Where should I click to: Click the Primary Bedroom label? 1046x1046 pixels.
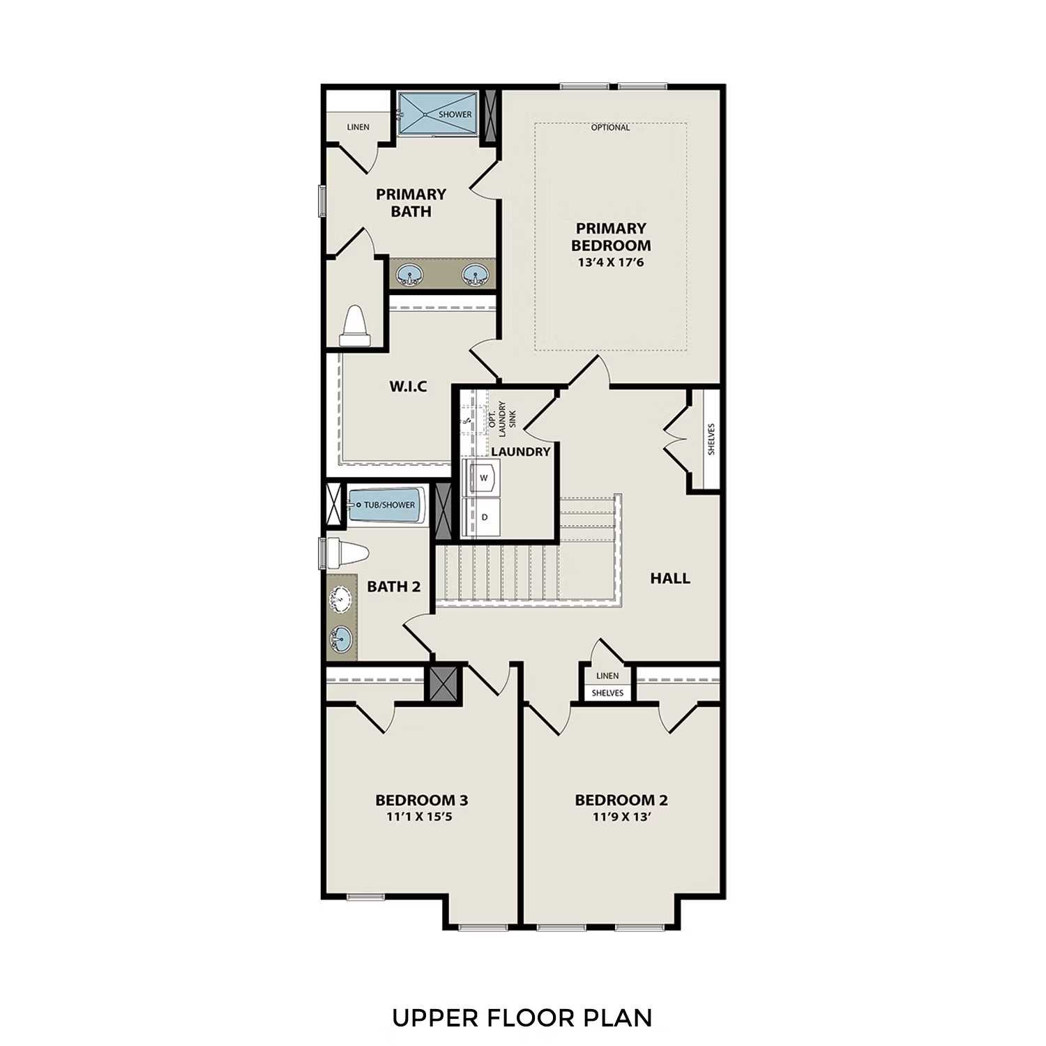click(610, 237)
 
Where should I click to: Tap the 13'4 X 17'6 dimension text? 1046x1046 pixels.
click(610, 263)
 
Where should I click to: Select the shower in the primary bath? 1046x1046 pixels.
click(437, 113)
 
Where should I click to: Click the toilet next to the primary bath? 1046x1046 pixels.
click(355, 326)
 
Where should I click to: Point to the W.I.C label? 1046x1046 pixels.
click(408, 386)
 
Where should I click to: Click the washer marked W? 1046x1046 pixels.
click(483, 478)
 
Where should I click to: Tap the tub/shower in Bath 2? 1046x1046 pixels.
click(386, 505)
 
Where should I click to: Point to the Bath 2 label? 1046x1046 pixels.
click(394, 586)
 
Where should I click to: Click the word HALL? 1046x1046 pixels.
click(669, 578)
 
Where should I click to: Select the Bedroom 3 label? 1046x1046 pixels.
click(421, 800)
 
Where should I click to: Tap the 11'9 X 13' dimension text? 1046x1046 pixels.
click(621, 817)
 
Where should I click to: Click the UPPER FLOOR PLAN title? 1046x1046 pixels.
click(522, 1018)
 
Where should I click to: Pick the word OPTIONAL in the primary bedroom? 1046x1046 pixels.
click(610, 128)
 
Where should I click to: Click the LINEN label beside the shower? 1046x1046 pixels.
click(358, 127)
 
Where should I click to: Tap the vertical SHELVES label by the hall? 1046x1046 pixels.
click(711, 439)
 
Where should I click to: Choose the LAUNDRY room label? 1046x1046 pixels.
click(520, 452)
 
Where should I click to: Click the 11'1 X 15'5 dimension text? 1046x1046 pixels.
click(420, 817)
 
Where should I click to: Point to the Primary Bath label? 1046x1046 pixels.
click(411, 203)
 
